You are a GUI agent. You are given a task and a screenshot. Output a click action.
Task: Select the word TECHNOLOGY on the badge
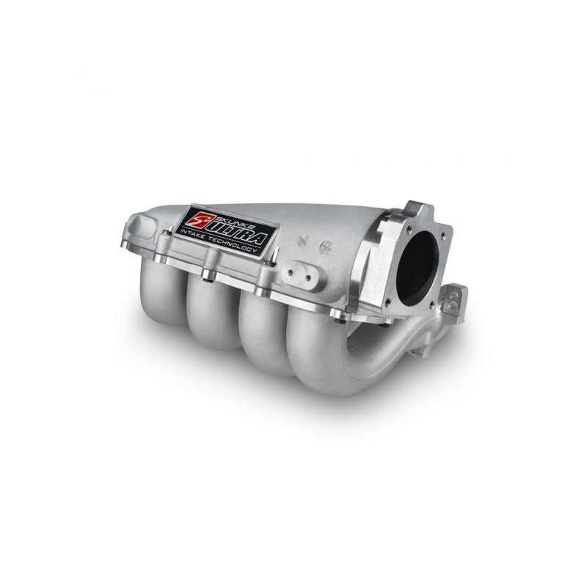point(233,245)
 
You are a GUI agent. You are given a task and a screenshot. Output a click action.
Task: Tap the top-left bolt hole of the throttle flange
point(409,228)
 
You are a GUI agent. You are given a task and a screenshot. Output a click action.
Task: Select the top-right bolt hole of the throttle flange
point(443,236)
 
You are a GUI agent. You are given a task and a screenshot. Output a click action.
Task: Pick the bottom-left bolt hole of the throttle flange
point(388,301)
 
